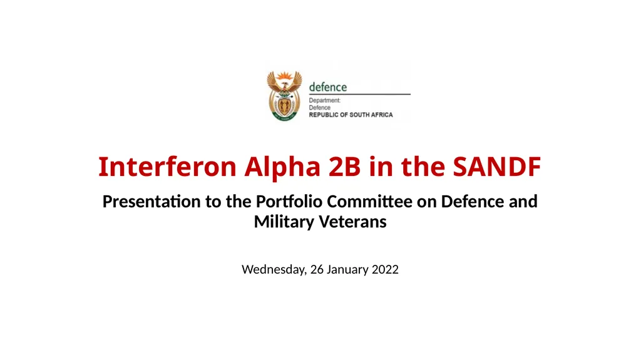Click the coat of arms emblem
[x=284, y=95]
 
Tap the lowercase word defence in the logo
[x=328, y=87]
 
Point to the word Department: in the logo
[x=325, y=100]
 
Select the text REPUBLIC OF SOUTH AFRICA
[x=351, y=115]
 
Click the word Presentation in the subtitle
[x=145, y=202]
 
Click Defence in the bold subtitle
[x=469, y=202]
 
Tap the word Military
[x=283, y=221]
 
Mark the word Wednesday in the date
[x=274, y=270]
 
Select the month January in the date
[x=348, y=270]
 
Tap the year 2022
[x=385, y=270]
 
